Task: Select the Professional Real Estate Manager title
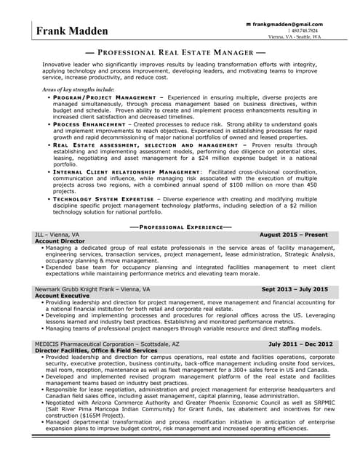tap(175, 53)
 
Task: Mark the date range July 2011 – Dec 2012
tap(300, 344)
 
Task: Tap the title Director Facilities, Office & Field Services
tap(95, 350)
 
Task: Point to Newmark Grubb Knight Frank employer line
tap(92, 289)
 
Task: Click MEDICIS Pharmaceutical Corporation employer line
tap(106, 344)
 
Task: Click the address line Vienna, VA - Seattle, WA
tap(294, 37)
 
